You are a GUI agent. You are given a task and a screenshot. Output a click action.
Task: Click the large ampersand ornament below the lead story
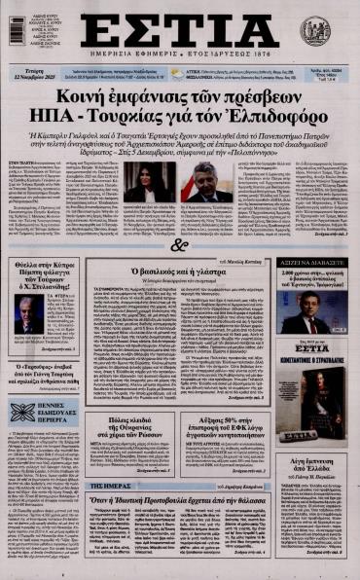coord(178,246)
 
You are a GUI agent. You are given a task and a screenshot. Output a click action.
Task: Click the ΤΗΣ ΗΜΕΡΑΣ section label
coord(112,485)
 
